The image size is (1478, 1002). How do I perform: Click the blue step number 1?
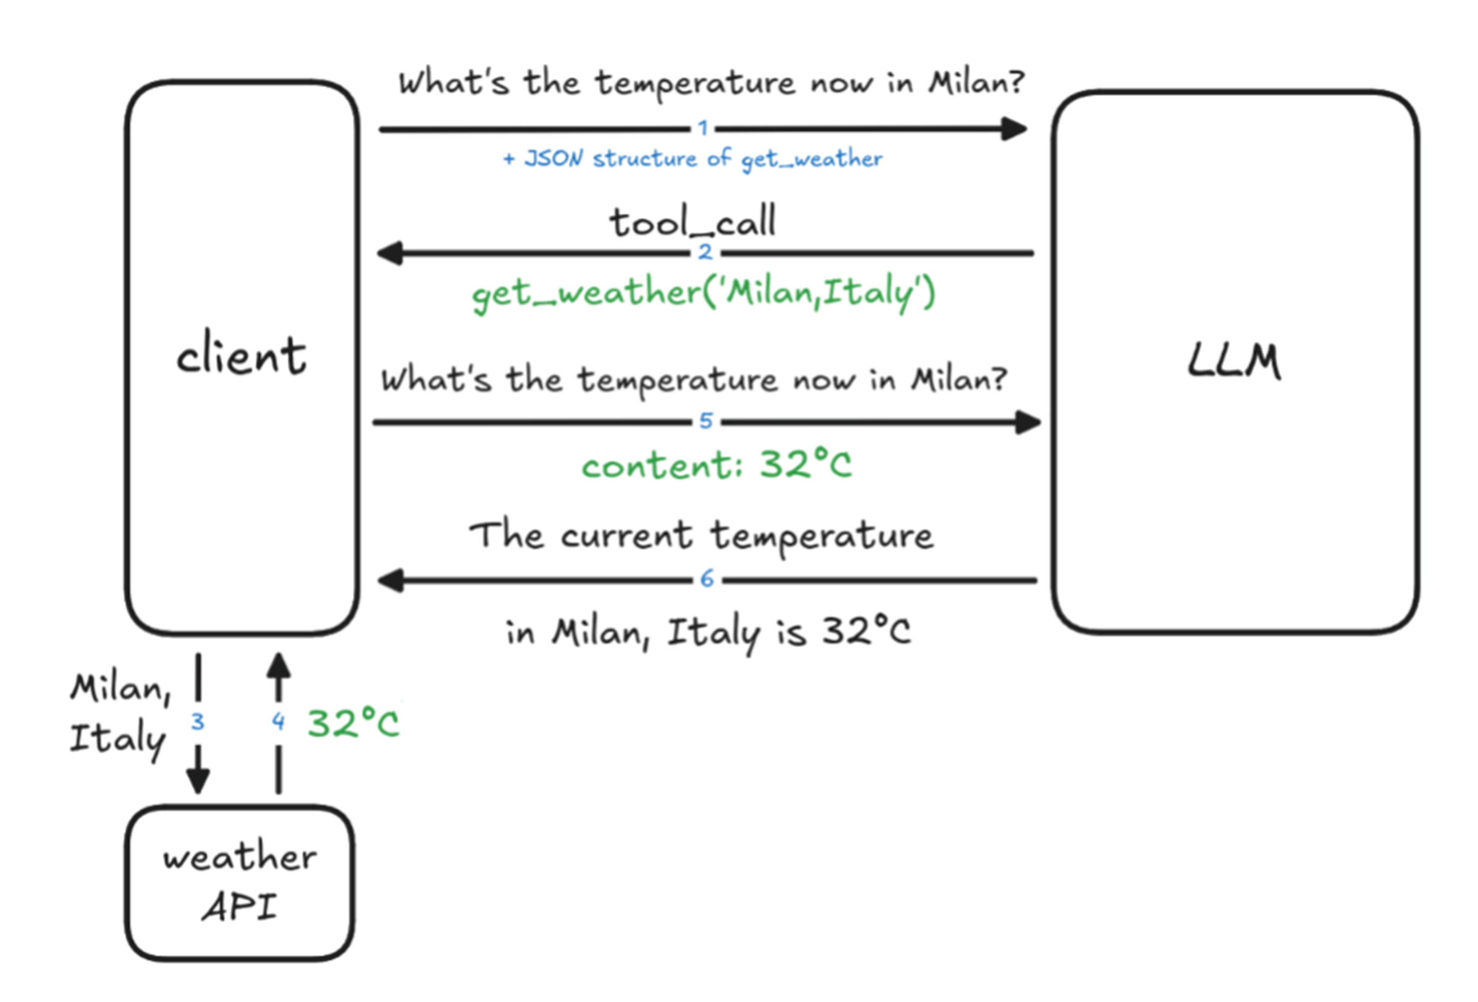[703, 129]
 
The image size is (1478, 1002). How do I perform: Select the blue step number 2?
[705, 252]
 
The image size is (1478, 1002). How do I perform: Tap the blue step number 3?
[198, 721]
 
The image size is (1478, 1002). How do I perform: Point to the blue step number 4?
[278, 721]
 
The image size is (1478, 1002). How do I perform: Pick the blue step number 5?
[706, 421]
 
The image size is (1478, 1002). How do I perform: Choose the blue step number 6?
[706, 579]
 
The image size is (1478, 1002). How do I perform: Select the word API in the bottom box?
[240, 907]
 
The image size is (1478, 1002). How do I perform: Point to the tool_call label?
[693, 222]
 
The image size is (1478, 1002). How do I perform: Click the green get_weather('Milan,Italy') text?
[703, 294]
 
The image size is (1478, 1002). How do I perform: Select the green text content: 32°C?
[716, 465]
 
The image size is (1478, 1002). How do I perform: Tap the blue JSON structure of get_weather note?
[693, 159]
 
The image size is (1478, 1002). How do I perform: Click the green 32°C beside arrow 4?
[353, 724]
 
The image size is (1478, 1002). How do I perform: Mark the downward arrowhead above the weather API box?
[198, 779]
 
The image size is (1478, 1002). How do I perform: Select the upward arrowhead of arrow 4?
[278, 668]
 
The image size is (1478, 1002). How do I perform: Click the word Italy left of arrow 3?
[118, 739]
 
